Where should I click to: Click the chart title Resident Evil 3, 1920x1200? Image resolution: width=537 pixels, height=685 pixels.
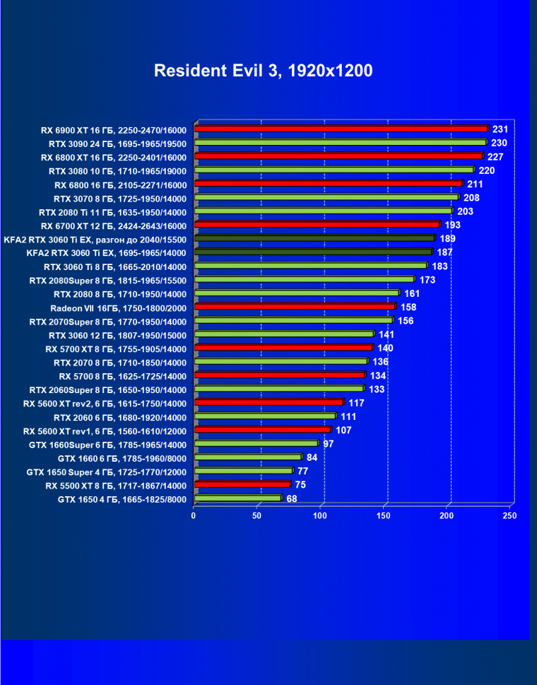pos(263,71)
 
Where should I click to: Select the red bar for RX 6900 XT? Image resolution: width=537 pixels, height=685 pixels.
pos(341,129)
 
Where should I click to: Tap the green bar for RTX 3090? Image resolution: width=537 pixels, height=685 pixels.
pos(340,143)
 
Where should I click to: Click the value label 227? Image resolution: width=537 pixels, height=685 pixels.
pos(495,157)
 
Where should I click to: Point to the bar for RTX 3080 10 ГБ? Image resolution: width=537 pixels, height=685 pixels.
pos(334,170)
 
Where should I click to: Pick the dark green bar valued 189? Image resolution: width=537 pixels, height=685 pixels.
pos(314,239)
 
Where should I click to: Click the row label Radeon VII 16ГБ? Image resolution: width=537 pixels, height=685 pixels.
pos(118,308)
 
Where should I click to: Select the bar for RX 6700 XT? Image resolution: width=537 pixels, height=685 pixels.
pos(317,225)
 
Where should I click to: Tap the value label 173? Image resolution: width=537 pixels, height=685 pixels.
pos(427,280)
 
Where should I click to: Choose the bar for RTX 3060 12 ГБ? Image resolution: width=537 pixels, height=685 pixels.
pos(283,334)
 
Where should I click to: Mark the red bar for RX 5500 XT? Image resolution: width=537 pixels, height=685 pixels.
pos(242,485)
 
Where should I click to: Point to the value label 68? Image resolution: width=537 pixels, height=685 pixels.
pos(291,499)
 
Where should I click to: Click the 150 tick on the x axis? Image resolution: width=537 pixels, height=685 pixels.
pos(384,516)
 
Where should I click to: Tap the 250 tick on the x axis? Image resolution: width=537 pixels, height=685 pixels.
pos(509,516)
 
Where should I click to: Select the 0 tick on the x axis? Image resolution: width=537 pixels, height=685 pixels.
pos(194,516)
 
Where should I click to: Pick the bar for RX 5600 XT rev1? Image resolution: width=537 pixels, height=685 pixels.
pos(262,430)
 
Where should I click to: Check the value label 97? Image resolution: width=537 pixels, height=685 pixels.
pos(329,444)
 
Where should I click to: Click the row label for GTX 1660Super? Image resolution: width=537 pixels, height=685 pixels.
pos(107,445)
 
